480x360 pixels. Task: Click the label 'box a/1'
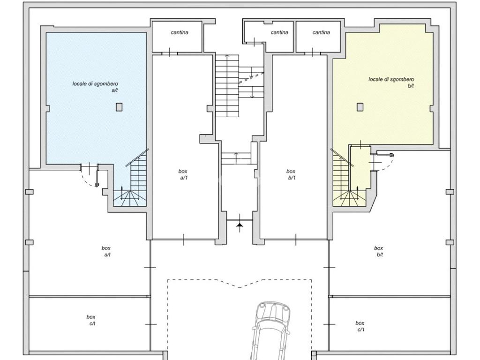[183, 174]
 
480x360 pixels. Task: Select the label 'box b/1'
[291, 174]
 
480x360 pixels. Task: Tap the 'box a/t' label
[106, 251]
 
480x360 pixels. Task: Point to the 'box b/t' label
[379, 251]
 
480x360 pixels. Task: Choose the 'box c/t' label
[91, 320]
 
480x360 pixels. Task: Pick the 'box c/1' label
[360, 326]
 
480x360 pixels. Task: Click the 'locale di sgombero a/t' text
[95, 87]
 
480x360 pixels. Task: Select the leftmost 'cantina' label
[180, 32]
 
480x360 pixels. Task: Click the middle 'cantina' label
[279, 32]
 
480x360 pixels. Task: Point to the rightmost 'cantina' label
[321, 32]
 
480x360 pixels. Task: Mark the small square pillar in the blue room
[119, 107]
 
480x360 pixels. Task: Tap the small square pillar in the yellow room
[360, 107]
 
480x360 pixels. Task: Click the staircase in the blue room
[132, 180]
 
